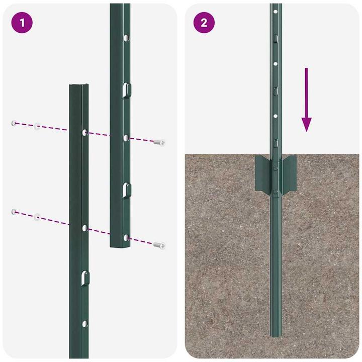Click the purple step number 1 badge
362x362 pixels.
pos(21,23)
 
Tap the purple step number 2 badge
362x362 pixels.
pos(204,23)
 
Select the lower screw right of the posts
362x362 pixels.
pos(159,245)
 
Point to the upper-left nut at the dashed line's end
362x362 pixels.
pos(15,123)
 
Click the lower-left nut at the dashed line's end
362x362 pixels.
pos(15,212)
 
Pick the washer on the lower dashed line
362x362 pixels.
pos(37,217)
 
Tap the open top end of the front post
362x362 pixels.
pos(79,86)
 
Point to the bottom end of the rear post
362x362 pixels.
pos(120,245)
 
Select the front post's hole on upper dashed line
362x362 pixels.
pos(84,132)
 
